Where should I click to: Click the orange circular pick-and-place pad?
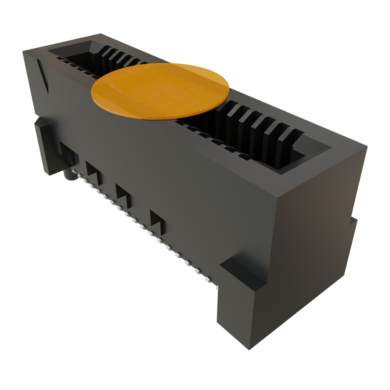point(160,91)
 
